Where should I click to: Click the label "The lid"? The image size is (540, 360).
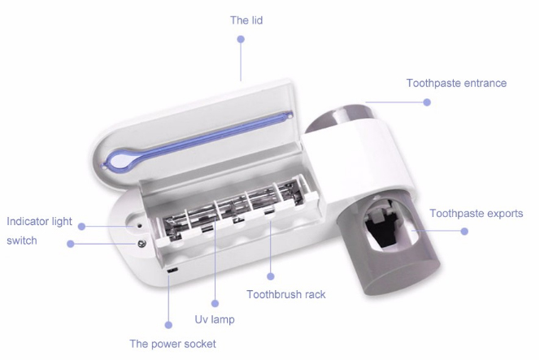[x=246, y=20]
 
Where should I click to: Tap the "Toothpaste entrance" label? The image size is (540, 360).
[x=456, y=83]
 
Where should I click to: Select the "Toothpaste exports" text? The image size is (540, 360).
[x=477, y=214]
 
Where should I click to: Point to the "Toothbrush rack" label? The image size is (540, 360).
[x=285, y=294]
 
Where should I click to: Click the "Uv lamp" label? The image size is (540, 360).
[x=215, y=319]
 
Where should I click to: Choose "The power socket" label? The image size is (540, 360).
[x=172, y=344]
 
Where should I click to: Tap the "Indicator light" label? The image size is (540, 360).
[x=40, y=221]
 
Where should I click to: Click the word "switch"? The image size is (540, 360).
[x=22, y=241]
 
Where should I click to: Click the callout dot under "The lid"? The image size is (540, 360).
[x=241, y=39]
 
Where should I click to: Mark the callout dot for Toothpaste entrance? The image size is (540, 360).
[x=427, y=102]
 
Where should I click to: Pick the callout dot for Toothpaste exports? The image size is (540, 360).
[x=464, y=232]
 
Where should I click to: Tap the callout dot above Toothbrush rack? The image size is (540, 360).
[x=271, y=276]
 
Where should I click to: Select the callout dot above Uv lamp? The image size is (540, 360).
[x=215, y=303]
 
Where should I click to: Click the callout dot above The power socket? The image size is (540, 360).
[x=168, y=325]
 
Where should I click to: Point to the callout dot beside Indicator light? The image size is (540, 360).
[x=81, y=227]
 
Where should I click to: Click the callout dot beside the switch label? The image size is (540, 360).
[x=71, y=244]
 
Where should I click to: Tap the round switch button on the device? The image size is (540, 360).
[x=142, y=244]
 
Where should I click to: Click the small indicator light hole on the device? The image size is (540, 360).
[x=140, y=227]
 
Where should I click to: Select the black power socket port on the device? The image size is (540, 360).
[x=172, y=271]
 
